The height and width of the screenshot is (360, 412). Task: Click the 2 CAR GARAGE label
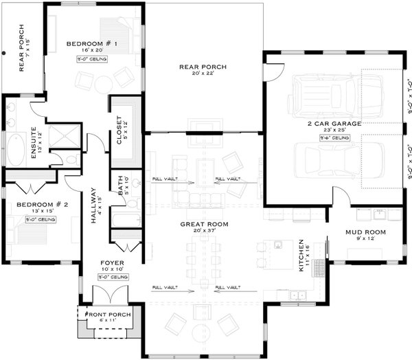click(x=334, y=124)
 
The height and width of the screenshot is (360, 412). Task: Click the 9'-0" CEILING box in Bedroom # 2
click(x=42, y=219)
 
